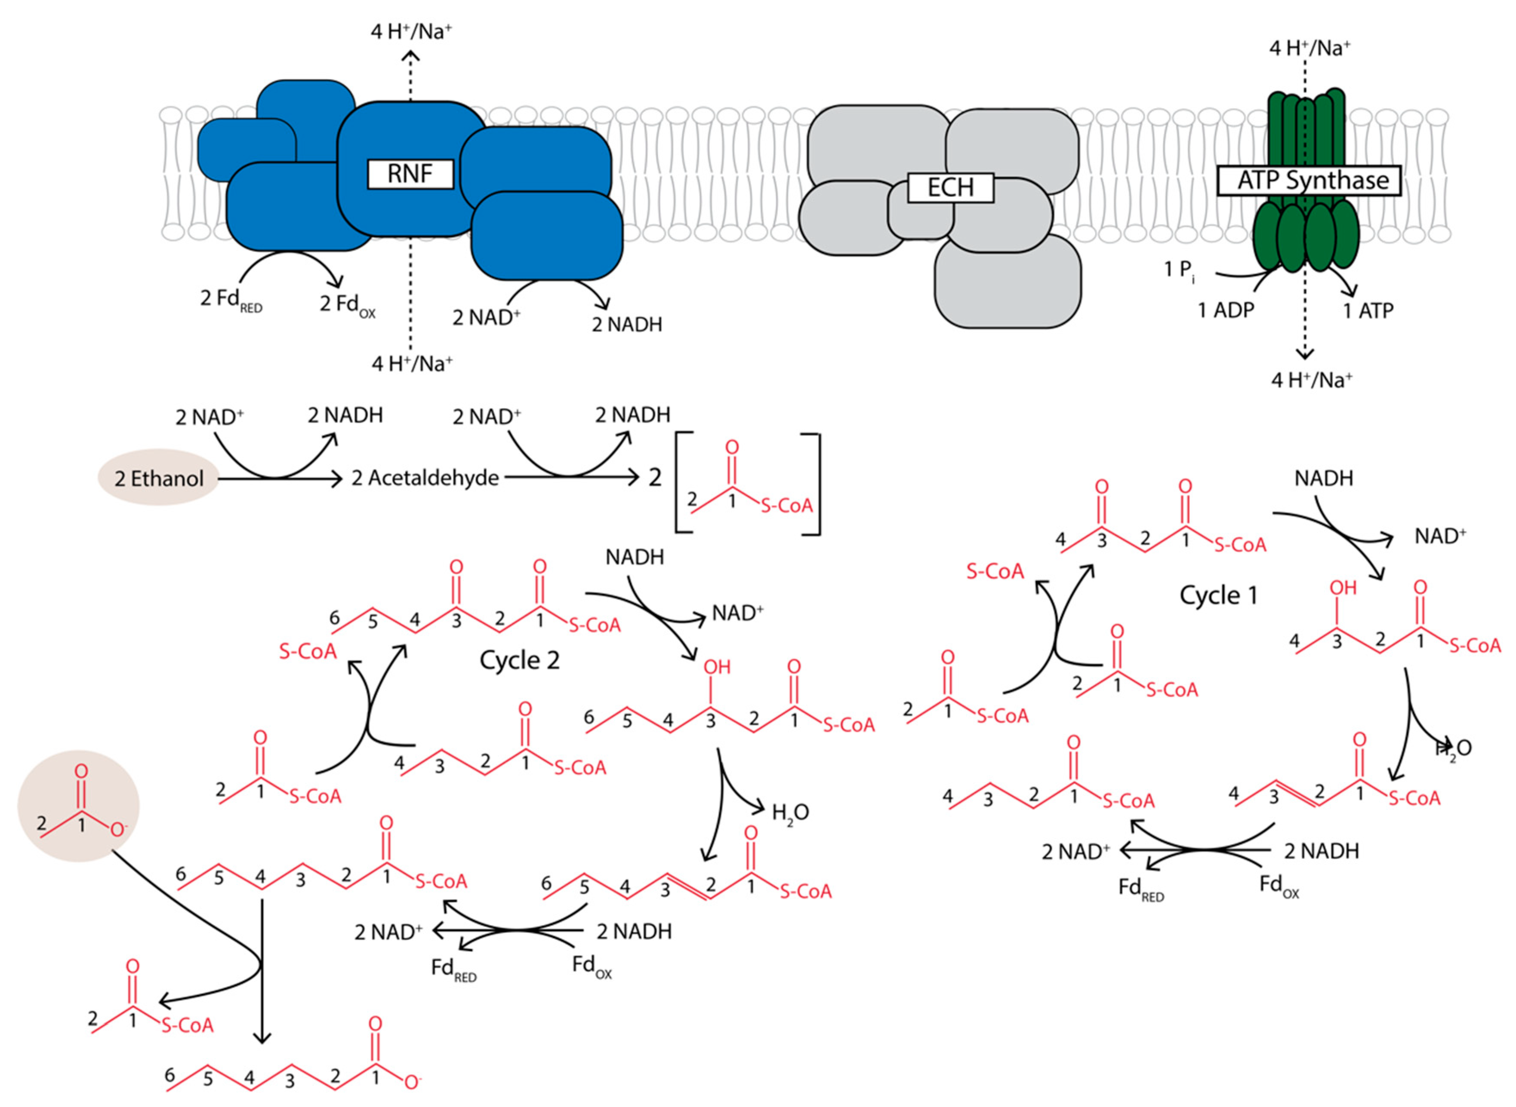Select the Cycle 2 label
tap(519, 660)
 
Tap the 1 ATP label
tap(1368, 311)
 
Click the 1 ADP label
tap(1226, 310)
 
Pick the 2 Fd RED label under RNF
tap(231, 300)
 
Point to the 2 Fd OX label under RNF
tap(347, 305)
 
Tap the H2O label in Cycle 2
tap(790, 813)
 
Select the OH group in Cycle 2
tap(716, 667)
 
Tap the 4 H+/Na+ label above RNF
tap(411, 31)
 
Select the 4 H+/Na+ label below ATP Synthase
tap(1312, 380)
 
